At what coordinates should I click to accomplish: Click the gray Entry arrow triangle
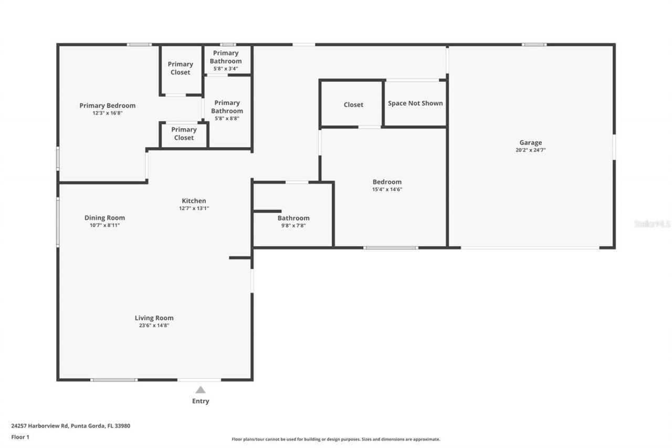201,390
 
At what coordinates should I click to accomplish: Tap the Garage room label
530,142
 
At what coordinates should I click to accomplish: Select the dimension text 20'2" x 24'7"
530,150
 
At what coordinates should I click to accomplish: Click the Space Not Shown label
415,103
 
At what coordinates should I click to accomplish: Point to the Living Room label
154,318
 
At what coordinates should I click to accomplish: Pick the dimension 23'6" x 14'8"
154,326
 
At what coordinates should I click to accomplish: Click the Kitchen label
194,201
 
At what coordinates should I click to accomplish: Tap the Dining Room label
104,217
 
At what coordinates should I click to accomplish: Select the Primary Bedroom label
107,106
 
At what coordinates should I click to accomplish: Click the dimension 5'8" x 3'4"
226,69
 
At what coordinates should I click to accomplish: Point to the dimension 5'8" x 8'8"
227,119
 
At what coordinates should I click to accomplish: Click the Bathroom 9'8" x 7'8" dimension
293,226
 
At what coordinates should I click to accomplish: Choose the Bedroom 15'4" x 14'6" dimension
387,190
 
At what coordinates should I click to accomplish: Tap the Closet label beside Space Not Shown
353,105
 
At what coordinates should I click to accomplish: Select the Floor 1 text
20,436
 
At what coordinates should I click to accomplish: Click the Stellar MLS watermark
652,224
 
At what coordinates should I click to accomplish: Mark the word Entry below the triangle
201,401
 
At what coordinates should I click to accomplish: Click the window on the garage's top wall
533,45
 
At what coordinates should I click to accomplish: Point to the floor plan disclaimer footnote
336,439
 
